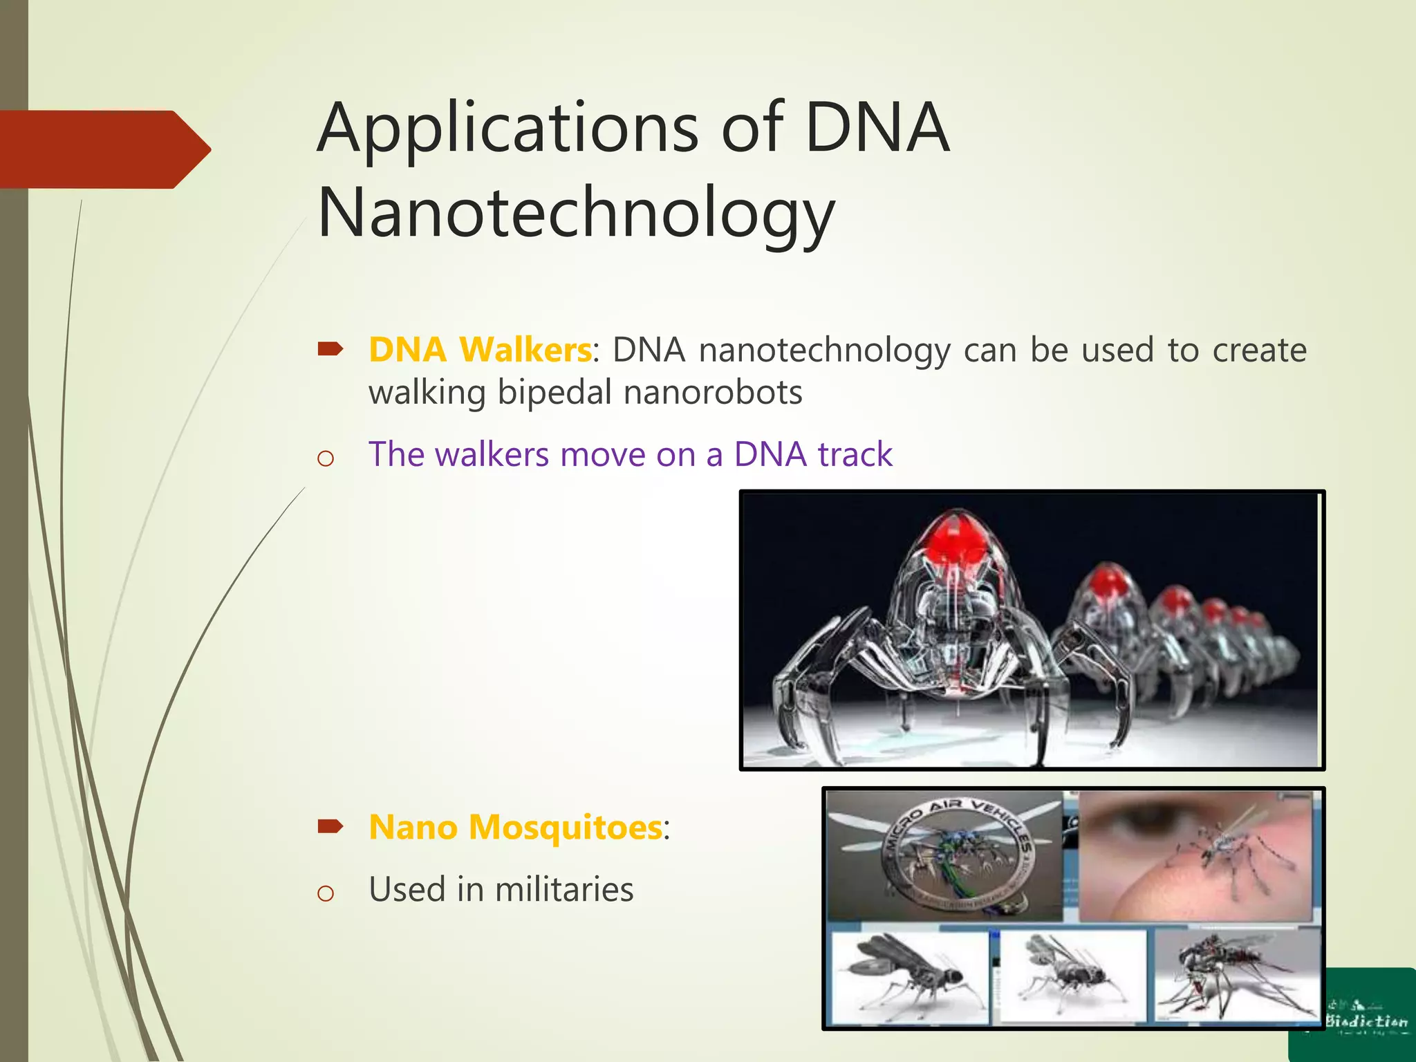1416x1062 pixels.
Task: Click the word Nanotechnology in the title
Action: click(576, 213)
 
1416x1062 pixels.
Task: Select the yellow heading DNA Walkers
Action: click(480, 350)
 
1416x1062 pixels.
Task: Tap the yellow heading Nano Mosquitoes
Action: click(515, 827)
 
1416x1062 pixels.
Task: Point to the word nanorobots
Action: click(712, 393)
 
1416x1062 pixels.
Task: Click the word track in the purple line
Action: click(855, 455)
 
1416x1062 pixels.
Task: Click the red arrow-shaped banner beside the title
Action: click(104, 149)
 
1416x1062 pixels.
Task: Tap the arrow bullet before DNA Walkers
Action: click(330, 349)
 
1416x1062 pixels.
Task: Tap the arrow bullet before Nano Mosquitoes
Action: click(330, 826)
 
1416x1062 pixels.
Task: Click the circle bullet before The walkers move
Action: click(325, 458)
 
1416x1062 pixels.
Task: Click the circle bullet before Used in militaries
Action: click(325, 893)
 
